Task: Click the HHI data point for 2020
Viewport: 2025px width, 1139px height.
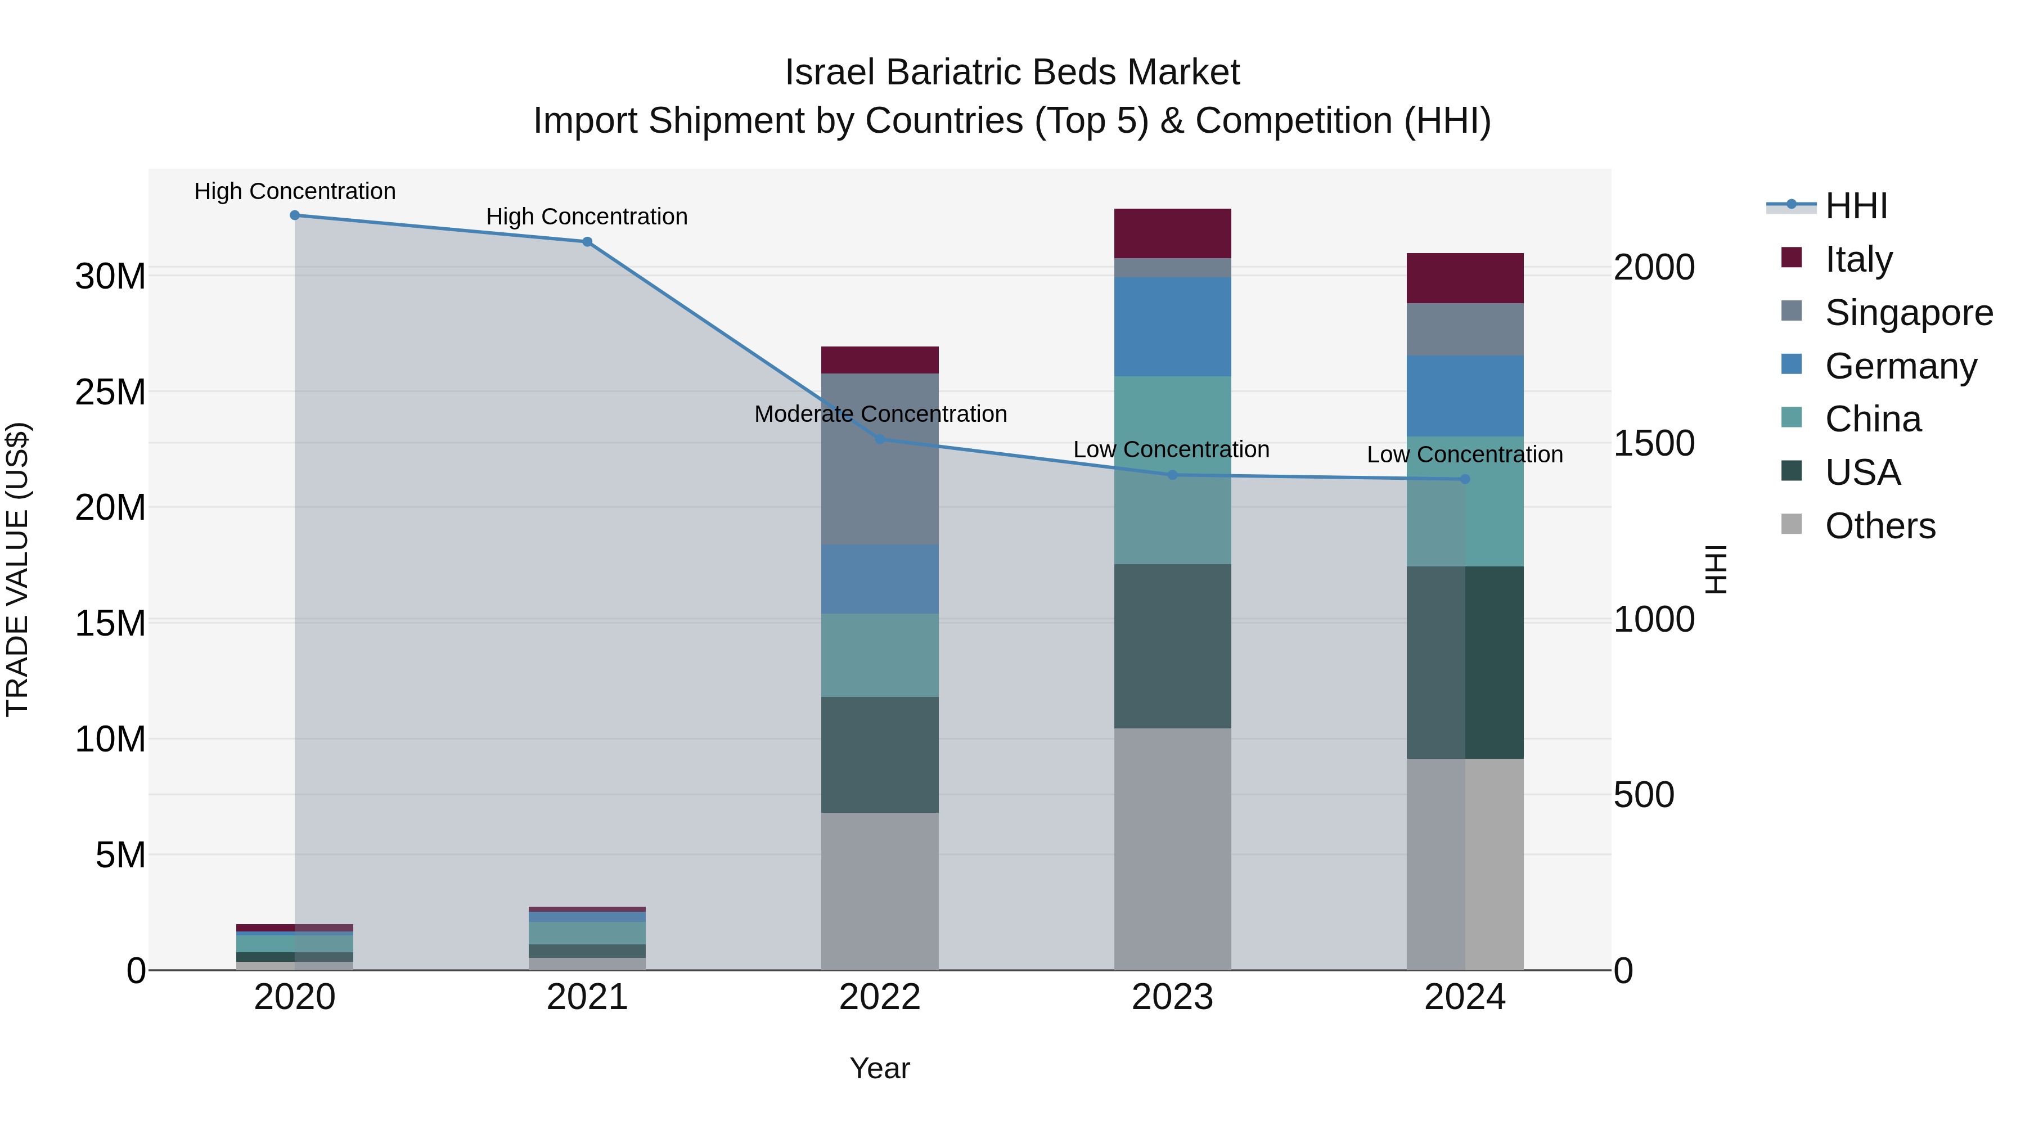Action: (x=295, y=215)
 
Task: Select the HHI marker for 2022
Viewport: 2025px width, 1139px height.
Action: (x=880, y=439)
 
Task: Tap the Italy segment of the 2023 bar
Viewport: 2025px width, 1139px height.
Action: (x=1172, y=233)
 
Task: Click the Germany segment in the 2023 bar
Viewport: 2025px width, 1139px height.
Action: (x=1172, y=327)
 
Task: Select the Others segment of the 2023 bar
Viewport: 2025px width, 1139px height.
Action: (x=1172, y=849)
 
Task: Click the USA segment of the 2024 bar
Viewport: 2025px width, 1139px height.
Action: (x=1465, y=663)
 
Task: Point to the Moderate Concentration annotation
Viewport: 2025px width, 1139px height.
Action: (x=880, y=414)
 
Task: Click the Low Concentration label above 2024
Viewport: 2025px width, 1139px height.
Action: (x=1465, y=455)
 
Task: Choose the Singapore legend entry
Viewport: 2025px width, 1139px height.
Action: (x=1908, y=313)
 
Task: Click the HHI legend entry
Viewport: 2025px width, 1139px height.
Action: (x=1855, y=206)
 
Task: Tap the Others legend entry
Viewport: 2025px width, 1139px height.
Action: (x=1879, y=526)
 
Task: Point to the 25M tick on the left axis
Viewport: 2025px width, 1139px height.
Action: (x=110, y=392)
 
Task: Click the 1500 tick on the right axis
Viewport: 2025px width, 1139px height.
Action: (x=1654, y=444)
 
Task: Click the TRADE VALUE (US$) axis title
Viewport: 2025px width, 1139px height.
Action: (x=18, y=569)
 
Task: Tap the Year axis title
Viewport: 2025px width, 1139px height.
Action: (x=880, y=1069)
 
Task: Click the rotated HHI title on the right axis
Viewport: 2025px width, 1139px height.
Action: (x=1717, y=569)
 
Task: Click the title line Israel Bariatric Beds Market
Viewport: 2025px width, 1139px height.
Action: (x=1012, y=73)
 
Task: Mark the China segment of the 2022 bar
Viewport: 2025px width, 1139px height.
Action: (x=880, y=656)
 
